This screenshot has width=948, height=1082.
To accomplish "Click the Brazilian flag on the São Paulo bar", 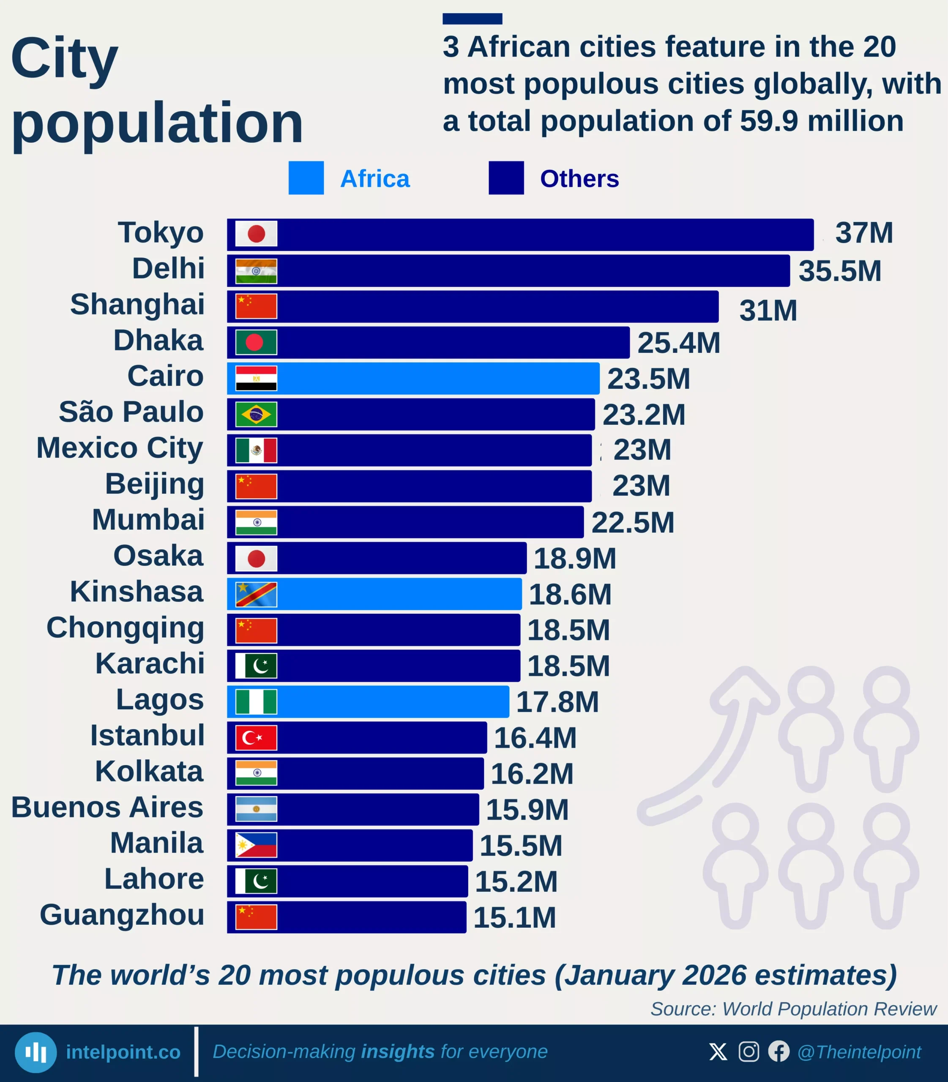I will [256, 414].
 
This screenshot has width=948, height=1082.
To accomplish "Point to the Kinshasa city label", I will [137, 592].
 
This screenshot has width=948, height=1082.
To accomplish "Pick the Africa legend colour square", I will [306, 178].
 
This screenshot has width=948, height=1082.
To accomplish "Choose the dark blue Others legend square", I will [506, 178].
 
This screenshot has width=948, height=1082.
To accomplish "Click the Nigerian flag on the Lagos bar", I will [256, 702].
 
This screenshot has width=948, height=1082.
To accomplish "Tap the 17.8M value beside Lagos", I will [557, 702].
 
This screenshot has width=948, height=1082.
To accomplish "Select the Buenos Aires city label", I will [107, 807].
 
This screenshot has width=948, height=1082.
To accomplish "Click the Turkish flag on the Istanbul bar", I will [256, 738].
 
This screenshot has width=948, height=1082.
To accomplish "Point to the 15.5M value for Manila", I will [521, 845].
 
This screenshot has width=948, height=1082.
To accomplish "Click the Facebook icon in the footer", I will [779, 1051].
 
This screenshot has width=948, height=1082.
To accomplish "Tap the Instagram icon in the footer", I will [749, 1051].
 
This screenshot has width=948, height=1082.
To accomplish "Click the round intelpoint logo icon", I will [36, 1052].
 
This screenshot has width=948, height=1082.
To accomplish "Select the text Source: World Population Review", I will [793, 1009].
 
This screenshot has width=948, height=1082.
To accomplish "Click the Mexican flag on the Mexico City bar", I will [256, 450].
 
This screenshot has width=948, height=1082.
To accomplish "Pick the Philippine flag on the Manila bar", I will [256, 845].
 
